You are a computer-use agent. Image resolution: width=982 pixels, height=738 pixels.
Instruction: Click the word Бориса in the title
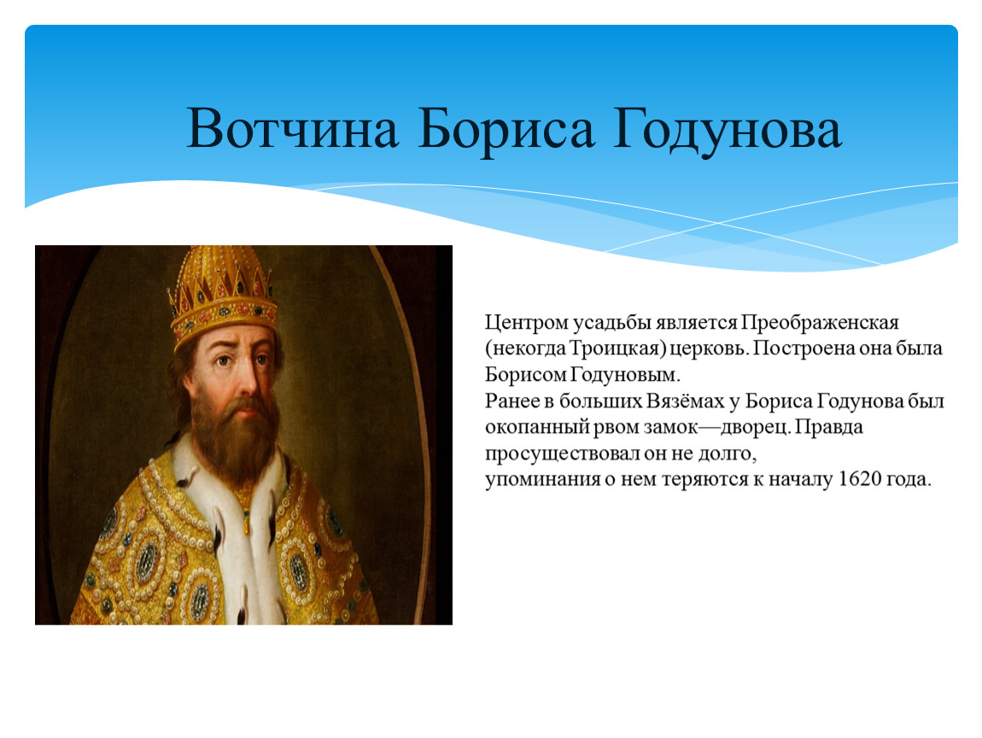pyautogui.click(x=506, y=130)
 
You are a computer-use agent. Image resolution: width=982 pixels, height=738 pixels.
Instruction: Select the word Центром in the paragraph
pyautogui.click(x=527, y=323)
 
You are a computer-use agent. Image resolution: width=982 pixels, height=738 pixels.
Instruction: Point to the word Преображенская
pyautogui.click(x=821, y=323)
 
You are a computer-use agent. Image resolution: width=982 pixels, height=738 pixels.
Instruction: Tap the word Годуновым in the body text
pyautogui.click(x=624, y=375)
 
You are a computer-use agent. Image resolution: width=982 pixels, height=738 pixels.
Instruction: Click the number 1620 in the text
pyautogui.click(x=859, y=479)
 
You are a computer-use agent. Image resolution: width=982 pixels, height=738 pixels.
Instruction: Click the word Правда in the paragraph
pyautogui.click(x=830, y=427)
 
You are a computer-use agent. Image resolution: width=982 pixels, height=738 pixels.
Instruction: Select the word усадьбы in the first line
pyautogui.click(x=612, y=324)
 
